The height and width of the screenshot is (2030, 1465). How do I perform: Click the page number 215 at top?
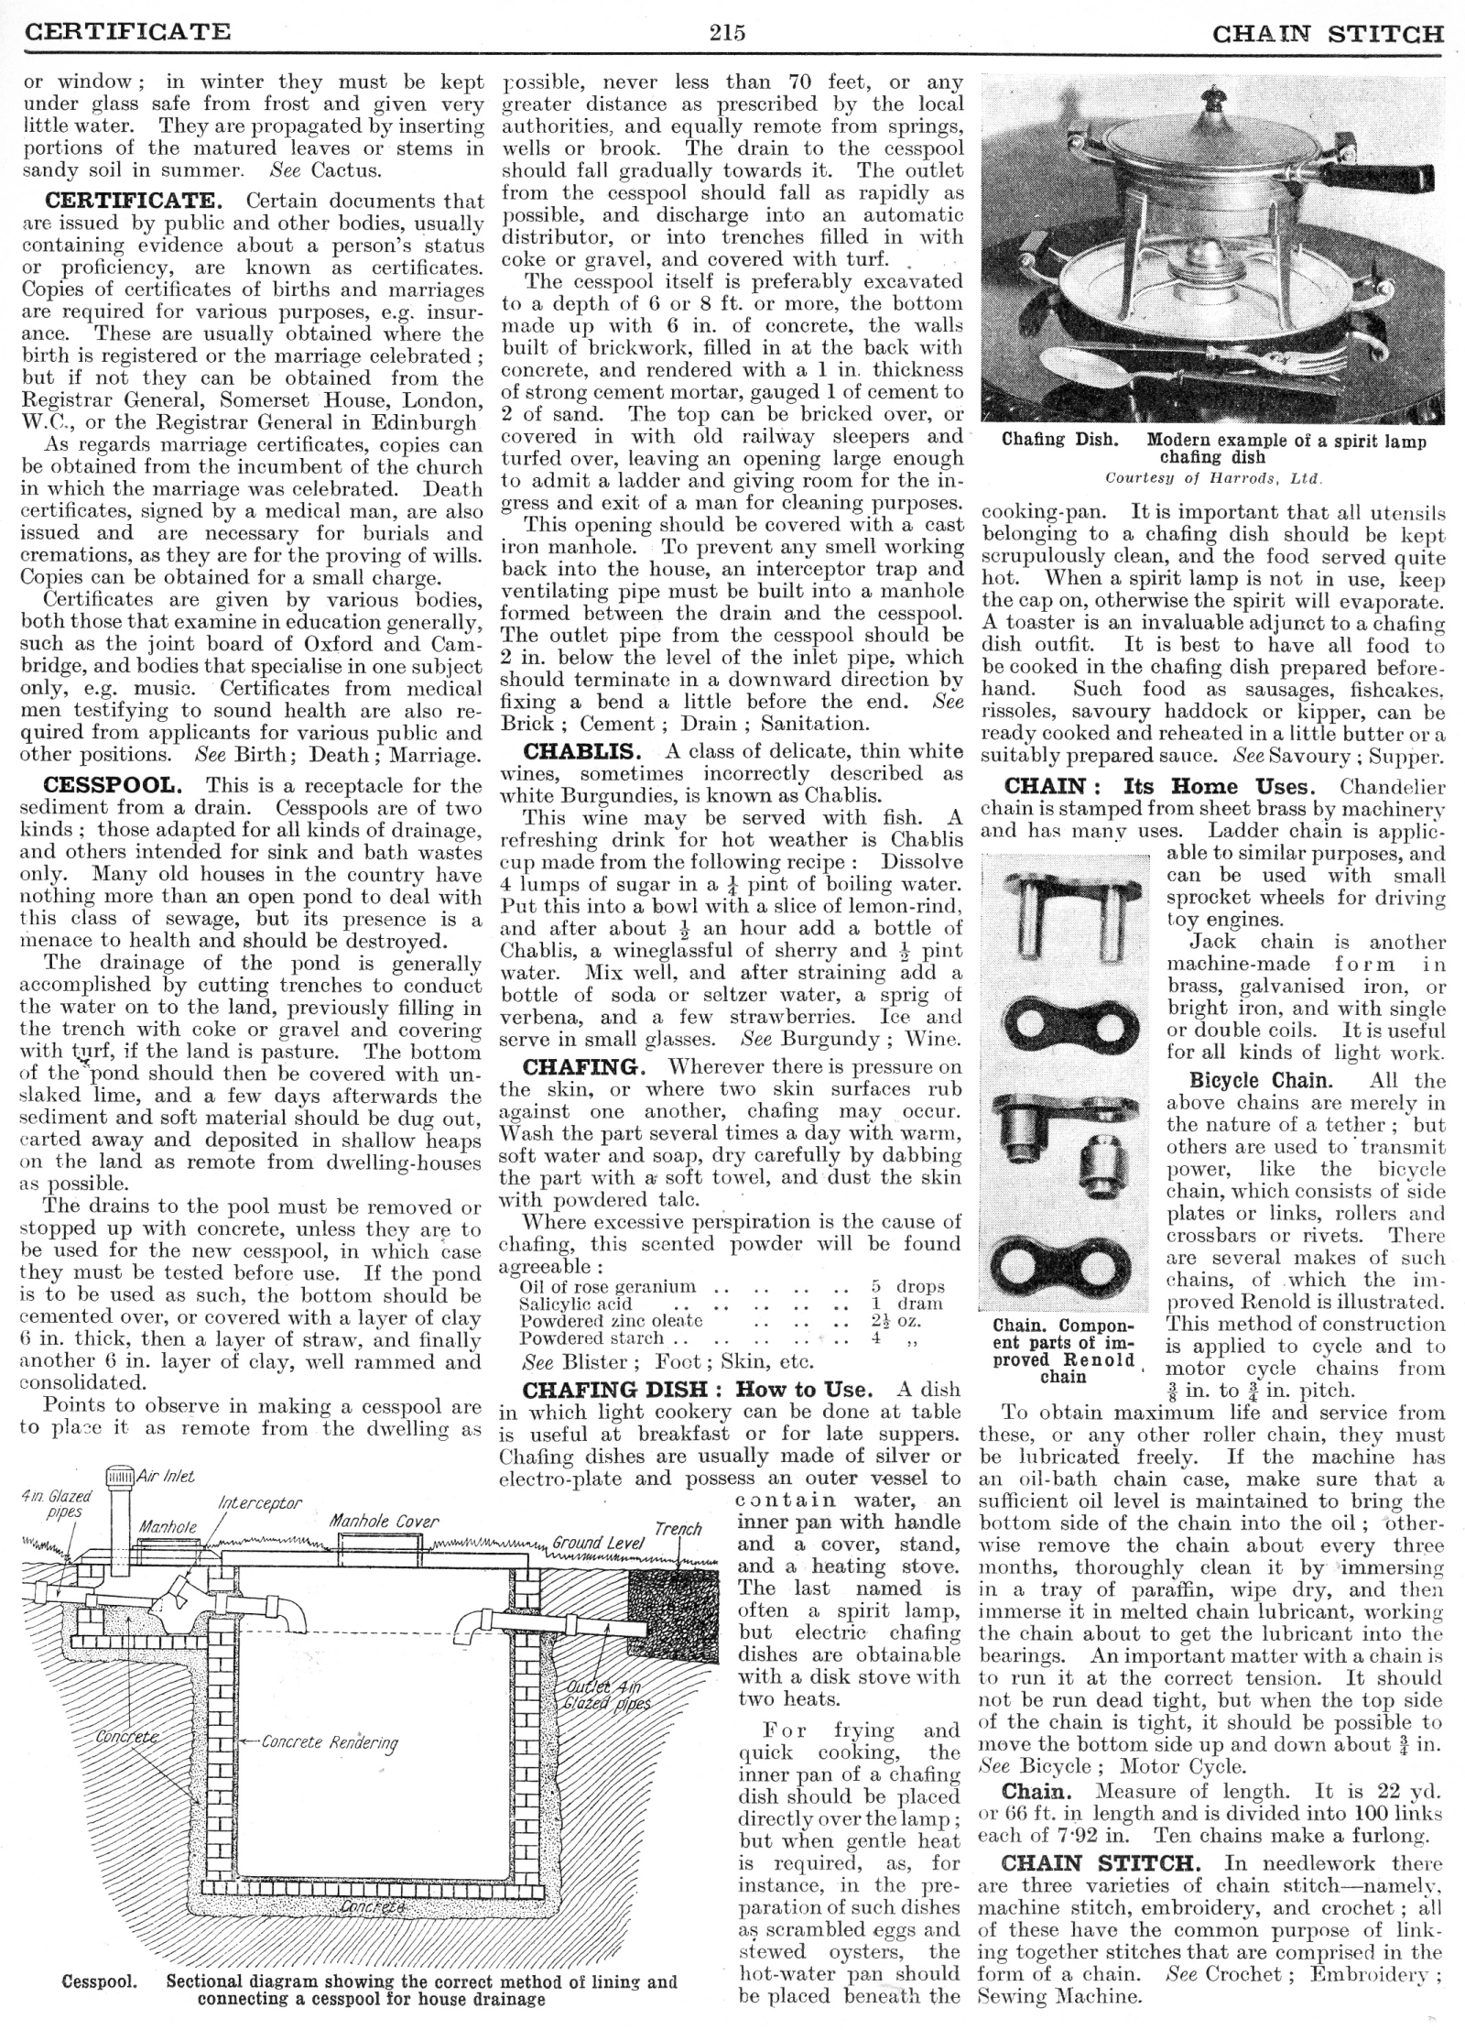point(727,34)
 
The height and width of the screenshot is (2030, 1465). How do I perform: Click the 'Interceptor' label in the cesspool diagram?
point(258,1504)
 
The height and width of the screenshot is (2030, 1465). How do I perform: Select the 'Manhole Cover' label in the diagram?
point(384,1522)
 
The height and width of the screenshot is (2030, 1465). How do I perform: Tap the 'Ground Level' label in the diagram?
point(599,1543)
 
